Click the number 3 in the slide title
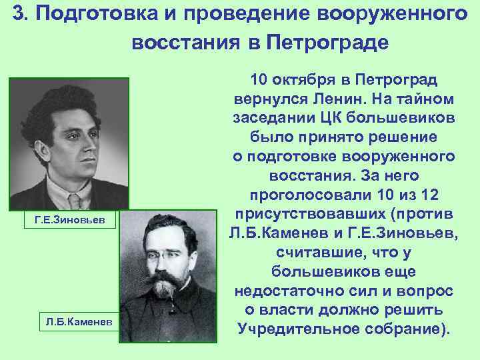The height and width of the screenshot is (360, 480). (x=19, y=15)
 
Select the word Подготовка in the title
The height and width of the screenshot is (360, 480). (x=89, y=15)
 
